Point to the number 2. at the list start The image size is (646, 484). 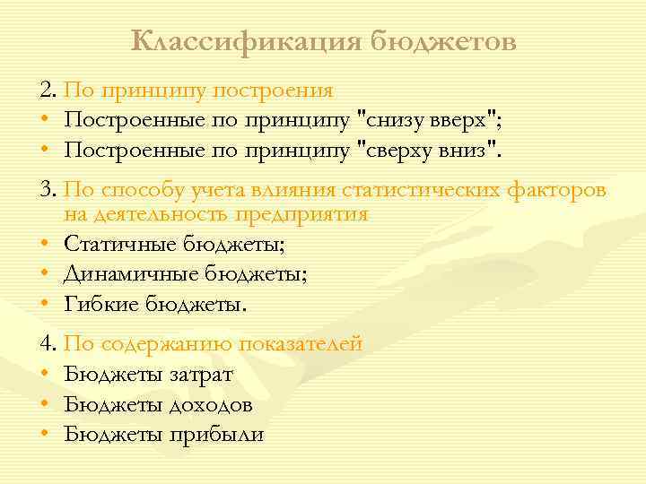[x=48, y=90]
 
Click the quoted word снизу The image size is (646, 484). [x=394, y=119]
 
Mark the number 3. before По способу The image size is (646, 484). [x=48, y=190]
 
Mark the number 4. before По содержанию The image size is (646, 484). [x=48, y=343]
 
